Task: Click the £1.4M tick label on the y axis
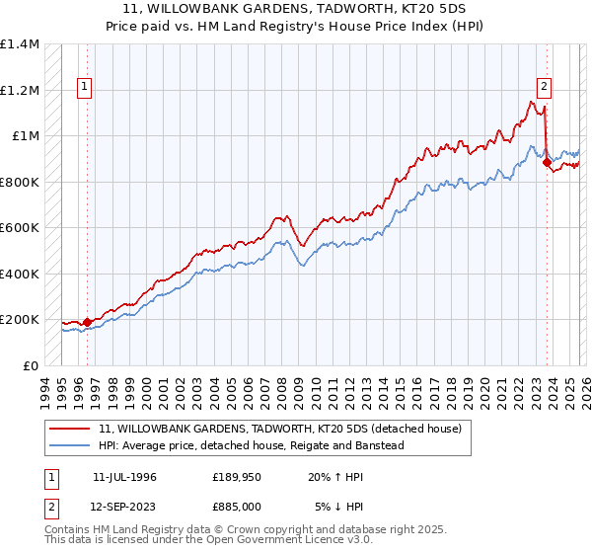19,44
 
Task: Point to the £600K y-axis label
19,228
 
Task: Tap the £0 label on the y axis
30,365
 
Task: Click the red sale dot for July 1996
87,322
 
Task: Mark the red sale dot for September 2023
547,163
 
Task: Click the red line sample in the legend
70,429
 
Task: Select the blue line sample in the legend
70,445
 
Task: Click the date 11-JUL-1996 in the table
124,477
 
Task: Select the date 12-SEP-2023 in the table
124,508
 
